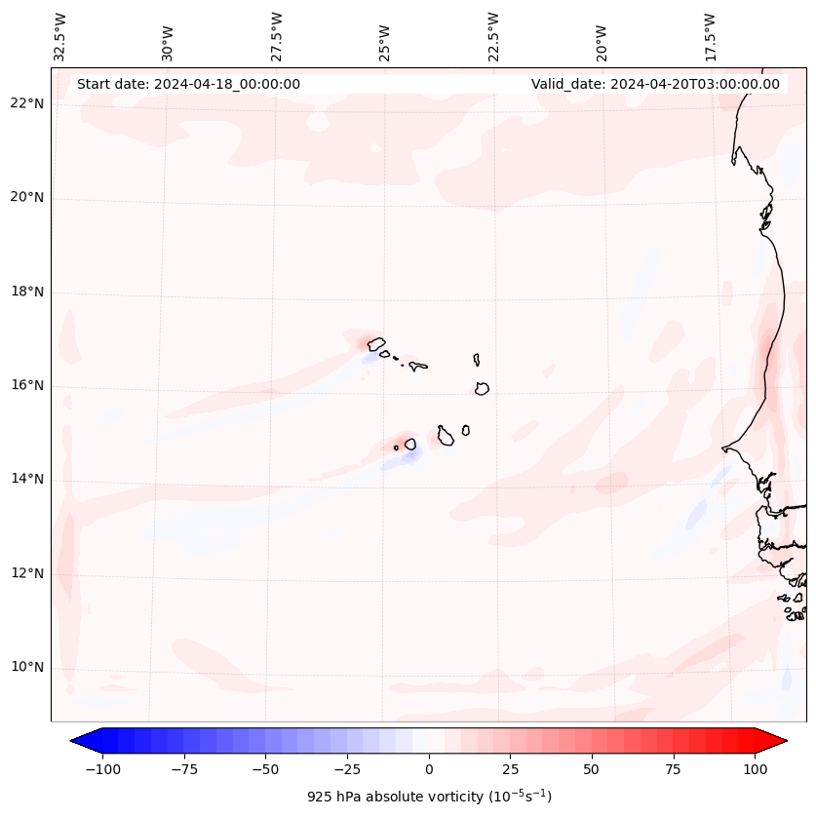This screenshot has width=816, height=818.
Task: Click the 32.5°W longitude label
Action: click(x=61, y=36)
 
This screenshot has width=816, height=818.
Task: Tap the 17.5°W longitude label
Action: click(x=710, y=36)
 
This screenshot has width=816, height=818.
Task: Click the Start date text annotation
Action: click(x=188, y=84)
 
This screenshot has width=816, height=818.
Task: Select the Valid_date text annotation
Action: click(x=655, y=84)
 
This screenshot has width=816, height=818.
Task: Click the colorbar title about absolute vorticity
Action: click(x=429, y=797)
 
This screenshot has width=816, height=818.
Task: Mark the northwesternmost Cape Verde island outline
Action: click(x=376, y=343)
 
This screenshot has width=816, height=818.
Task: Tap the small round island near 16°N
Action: click(x=482, y=388)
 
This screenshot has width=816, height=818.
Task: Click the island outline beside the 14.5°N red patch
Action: click(x=410, y=444)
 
